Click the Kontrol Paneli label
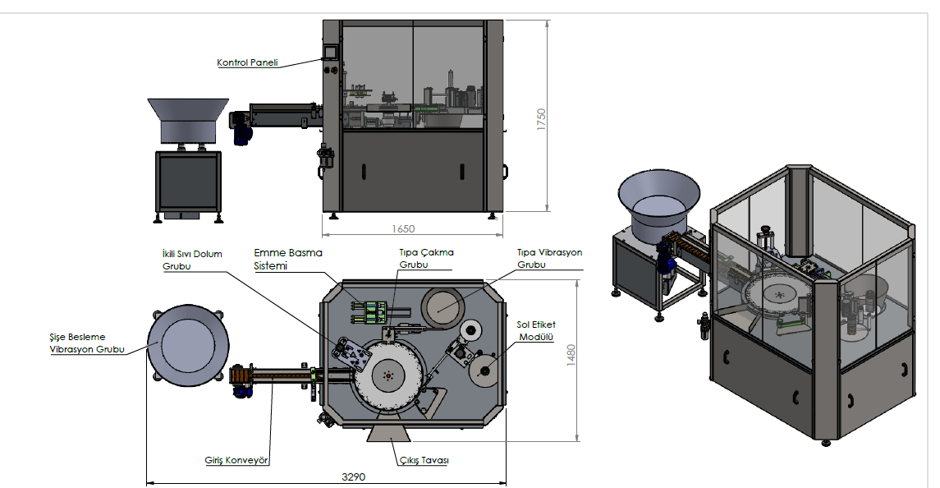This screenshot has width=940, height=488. point(247,62)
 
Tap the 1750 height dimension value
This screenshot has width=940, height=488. point(541,119)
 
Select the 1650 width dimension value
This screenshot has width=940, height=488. point(403,228)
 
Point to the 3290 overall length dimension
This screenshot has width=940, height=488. point(353,476)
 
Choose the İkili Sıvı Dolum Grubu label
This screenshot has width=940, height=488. point(192,260)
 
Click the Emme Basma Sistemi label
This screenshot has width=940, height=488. point(288,260)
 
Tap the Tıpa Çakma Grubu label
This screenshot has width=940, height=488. point(426,258)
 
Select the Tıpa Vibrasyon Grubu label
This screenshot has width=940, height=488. point(550,258)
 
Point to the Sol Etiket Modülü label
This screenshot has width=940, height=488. point(536,331)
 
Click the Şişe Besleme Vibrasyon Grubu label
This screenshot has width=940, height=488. point(87,343)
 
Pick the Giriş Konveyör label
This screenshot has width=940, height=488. point(236,460)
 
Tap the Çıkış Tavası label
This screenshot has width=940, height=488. point(424,460)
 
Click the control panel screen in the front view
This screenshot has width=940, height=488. point(329,52)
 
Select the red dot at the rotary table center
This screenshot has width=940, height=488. point(388,375)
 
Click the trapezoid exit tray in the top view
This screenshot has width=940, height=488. point(388,434)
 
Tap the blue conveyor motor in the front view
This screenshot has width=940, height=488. point(241,130)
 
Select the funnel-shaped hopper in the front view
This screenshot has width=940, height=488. point(188,121)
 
